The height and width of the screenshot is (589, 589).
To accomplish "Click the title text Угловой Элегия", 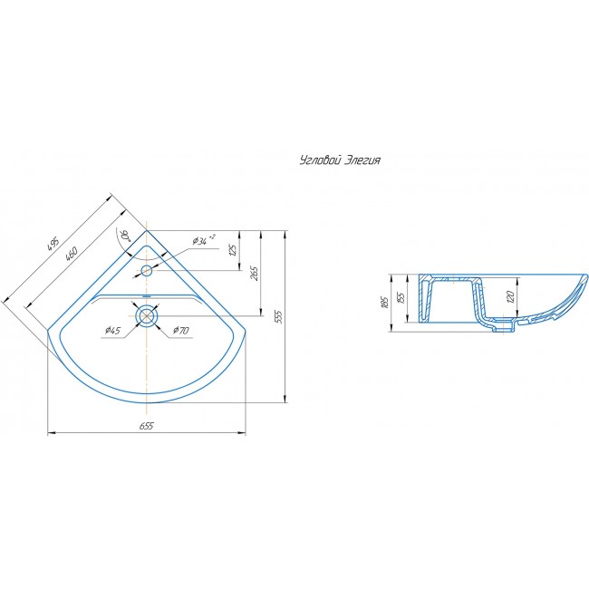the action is click(341, 160).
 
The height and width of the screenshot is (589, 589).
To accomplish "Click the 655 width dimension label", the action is click(147, 426).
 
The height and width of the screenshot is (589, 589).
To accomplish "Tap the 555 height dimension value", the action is click(278, 316).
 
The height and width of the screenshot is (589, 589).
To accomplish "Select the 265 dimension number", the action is click(255, 274).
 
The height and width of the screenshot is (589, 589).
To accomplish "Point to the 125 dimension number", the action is click(233, 250).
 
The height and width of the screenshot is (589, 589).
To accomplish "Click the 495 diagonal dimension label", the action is click(53, 245).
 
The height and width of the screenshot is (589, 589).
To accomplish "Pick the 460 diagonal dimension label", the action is click(71, 254).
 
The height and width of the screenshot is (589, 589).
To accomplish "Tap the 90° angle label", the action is click(123, 237).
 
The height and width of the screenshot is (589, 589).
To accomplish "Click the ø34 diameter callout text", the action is click(204, 239).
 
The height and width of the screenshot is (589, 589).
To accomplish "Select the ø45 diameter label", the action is click(112, 330).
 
